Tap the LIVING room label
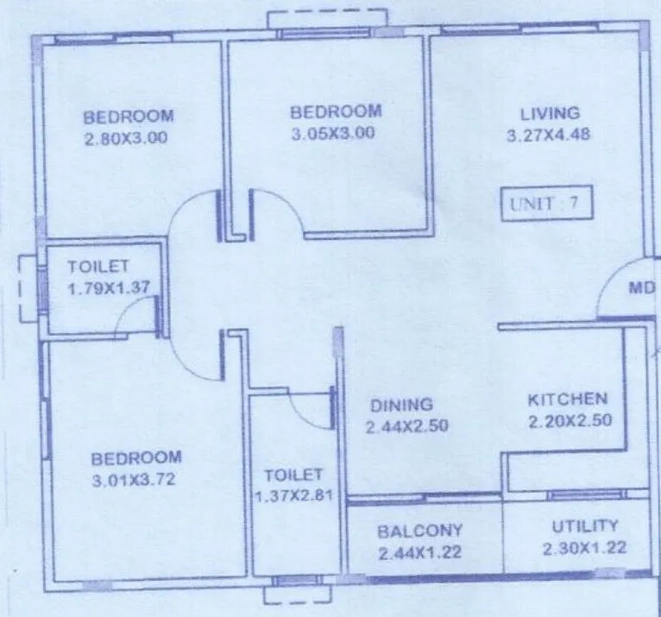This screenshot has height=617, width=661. click(550, 114)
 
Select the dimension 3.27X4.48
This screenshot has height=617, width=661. click(549, 135)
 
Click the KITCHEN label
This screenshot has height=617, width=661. click(568, 400)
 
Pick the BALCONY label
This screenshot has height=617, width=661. click(420, 530)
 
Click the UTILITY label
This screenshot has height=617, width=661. click(585, 526)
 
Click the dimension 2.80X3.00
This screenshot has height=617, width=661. click(126, 137)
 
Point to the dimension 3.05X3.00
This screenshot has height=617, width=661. click(334, 133)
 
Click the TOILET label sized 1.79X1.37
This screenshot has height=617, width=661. click(98, 266)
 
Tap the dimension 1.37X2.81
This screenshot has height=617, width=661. click(294, 496)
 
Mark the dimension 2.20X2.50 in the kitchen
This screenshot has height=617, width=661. click(568, 422)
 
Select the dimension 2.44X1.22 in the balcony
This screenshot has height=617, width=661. click(420, 552)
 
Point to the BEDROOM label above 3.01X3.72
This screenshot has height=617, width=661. click(136, 458)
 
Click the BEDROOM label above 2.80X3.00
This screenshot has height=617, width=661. click(129, 116)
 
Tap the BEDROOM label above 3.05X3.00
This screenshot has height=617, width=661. click(335, 111)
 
